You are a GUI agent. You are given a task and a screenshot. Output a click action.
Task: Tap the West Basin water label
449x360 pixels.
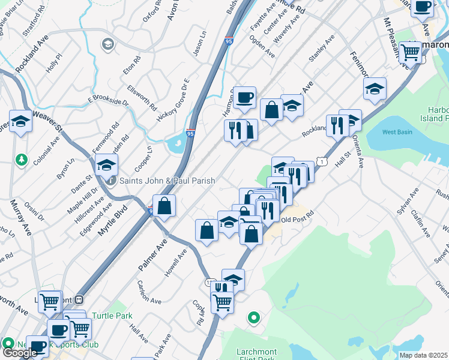click(x=397, y=131)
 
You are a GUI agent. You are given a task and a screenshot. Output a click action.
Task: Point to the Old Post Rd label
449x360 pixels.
click(x=298, y=220)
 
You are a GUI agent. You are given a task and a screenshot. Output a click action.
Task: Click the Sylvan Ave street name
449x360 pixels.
click(x=406, y=203)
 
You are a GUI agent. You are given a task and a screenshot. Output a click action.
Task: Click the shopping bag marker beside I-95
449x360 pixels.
click(x=164, y=206)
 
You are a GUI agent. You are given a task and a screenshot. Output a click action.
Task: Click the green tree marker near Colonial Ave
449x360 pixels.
click(x=22, y=159)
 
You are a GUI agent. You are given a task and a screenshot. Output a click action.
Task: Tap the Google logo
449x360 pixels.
click(x=20, y=353)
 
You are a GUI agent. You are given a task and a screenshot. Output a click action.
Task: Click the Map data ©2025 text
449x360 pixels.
click(x=424, y=355)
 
